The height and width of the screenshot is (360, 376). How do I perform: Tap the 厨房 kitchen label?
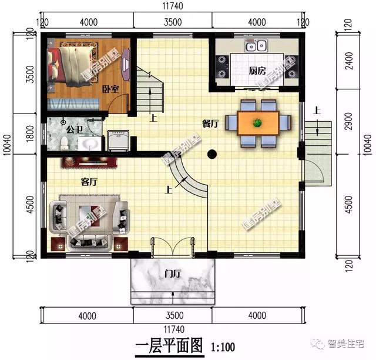coord(257,71)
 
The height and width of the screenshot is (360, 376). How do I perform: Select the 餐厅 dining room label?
coord(210,124)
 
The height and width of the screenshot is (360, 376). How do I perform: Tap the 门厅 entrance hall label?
coord(173,273)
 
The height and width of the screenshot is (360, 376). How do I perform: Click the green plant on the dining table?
coord(257,122)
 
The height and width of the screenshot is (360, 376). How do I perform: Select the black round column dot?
coord(213,155)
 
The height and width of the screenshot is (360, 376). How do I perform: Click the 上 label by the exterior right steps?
coord(317,109)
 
